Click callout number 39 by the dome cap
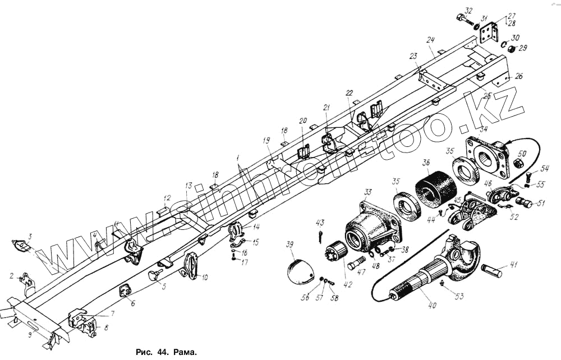click(x=289, y=246)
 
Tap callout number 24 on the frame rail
click(x=431, y=40)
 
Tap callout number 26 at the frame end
click(x=518, y=76)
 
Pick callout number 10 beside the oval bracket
click(x=204, y=277)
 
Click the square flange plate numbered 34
click(x=486, y=158)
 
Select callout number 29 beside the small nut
click(x=523, y=49)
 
